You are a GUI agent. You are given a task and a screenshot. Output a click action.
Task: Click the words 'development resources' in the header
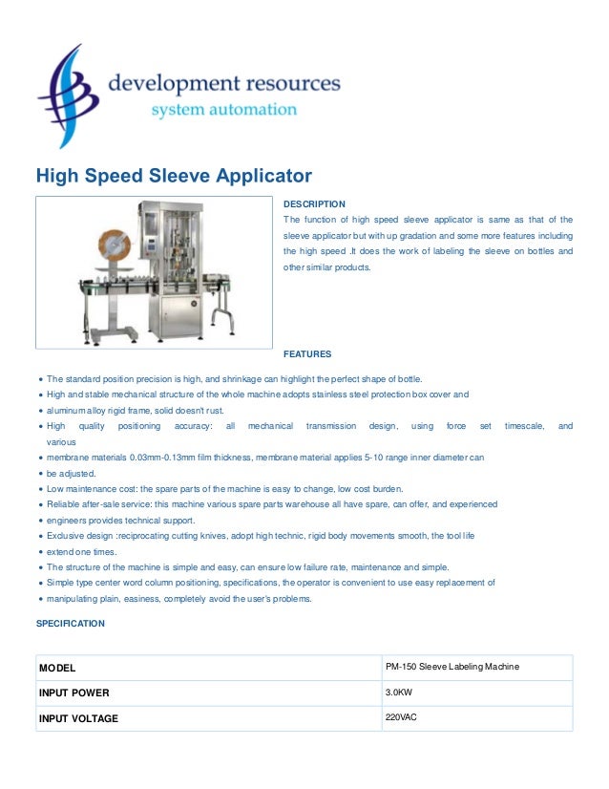click(223, 84)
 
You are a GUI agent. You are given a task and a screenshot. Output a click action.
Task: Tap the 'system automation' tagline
click(224, 110)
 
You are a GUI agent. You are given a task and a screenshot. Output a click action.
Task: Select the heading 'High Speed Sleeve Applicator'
click(174, 177)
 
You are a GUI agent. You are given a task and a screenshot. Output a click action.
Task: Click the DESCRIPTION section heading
click(314, 204)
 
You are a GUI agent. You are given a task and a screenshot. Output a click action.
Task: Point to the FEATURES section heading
click(307, 353)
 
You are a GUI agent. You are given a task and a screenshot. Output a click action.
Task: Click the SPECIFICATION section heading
click(70, 623)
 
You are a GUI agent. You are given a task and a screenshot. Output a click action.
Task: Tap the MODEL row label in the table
click(57, 668)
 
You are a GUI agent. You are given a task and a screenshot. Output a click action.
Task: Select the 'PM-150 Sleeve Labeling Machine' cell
click(451, 667)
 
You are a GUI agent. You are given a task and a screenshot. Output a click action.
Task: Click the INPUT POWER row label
click(73, 693)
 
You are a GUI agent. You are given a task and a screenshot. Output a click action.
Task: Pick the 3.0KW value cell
click(399, 692)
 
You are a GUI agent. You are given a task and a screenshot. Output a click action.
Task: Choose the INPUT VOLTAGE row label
click(78, 718)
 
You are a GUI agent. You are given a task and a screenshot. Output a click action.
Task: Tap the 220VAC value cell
click(400, 717)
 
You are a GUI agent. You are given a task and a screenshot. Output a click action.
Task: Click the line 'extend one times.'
click(83, 552)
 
